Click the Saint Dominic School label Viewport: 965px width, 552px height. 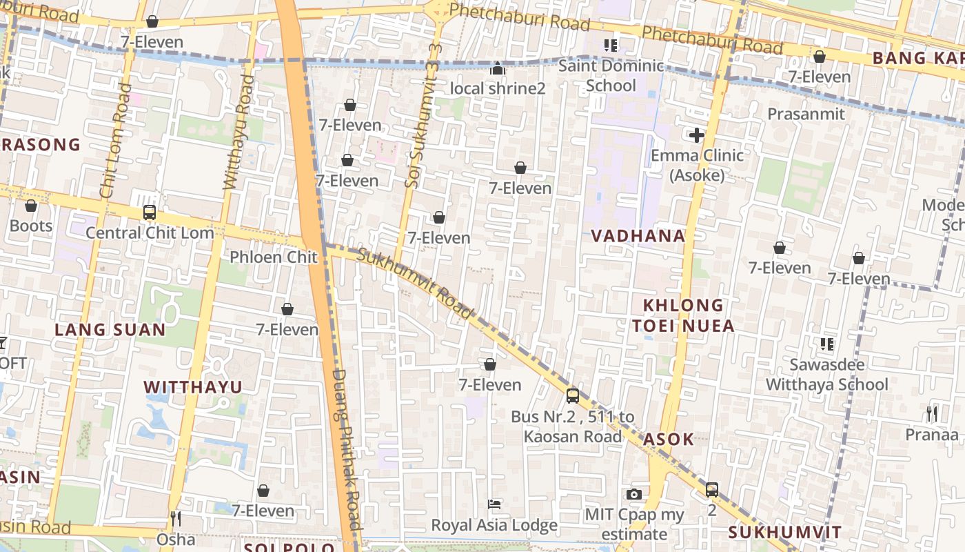(x=611, y=76)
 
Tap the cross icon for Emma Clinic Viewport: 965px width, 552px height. (x=697, y=135)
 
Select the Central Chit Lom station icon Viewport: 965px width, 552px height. (x=150, y=213)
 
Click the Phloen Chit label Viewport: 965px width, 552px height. (x=274, y=257)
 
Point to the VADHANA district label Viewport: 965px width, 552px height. (x=638, y=236)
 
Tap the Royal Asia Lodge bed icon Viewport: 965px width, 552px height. (x=494, y=504)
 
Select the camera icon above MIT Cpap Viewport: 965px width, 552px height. (x=634, y=494)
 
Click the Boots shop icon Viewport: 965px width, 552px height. (x=31, y=206)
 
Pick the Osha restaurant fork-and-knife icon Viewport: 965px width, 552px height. (x=176, y=518)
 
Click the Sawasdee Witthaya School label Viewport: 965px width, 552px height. (x=827, y=374)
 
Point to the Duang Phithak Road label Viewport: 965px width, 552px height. (x=347, y=448)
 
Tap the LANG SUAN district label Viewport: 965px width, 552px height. (x=110, y=330)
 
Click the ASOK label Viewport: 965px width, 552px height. (x=669, y=440)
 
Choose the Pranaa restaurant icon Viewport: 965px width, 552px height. (x=932, y=414)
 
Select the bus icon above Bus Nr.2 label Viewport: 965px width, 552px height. (x=572, y=395)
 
